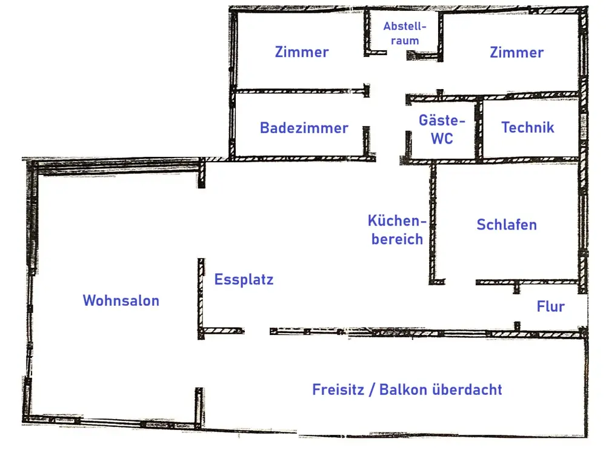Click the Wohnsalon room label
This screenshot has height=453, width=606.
pos(121,300)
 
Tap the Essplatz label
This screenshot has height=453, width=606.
pos(244,280)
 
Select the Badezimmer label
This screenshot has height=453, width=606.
pos(304,128)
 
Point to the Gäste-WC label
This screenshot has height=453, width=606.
pos(442,129)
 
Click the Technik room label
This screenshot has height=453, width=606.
pos(527,127)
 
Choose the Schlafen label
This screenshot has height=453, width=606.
pos(507,225)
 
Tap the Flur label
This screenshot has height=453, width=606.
pos(550,306)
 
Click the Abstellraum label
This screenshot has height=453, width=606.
pos(405,34)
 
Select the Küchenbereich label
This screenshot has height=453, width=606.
pos(397,230)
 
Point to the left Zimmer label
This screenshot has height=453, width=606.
pos(302,52)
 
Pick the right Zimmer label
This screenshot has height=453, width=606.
pos(516,53)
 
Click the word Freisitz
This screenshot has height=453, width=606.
pos(338,389)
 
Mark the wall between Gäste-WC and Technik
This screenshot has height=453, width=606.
pos(478,128)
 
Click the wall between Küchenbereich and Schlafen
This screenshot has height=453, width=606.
pos(433,224)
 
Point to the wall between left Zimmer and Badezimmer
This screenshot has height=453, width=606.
pos(300,92)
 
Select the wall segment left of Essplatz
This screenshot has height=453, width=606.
pos(201,297)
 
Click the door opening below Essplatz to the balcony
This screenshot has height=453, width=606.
pos(257,331)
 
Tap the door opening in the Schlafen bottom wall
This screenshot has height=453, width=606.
pos(462,282)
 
